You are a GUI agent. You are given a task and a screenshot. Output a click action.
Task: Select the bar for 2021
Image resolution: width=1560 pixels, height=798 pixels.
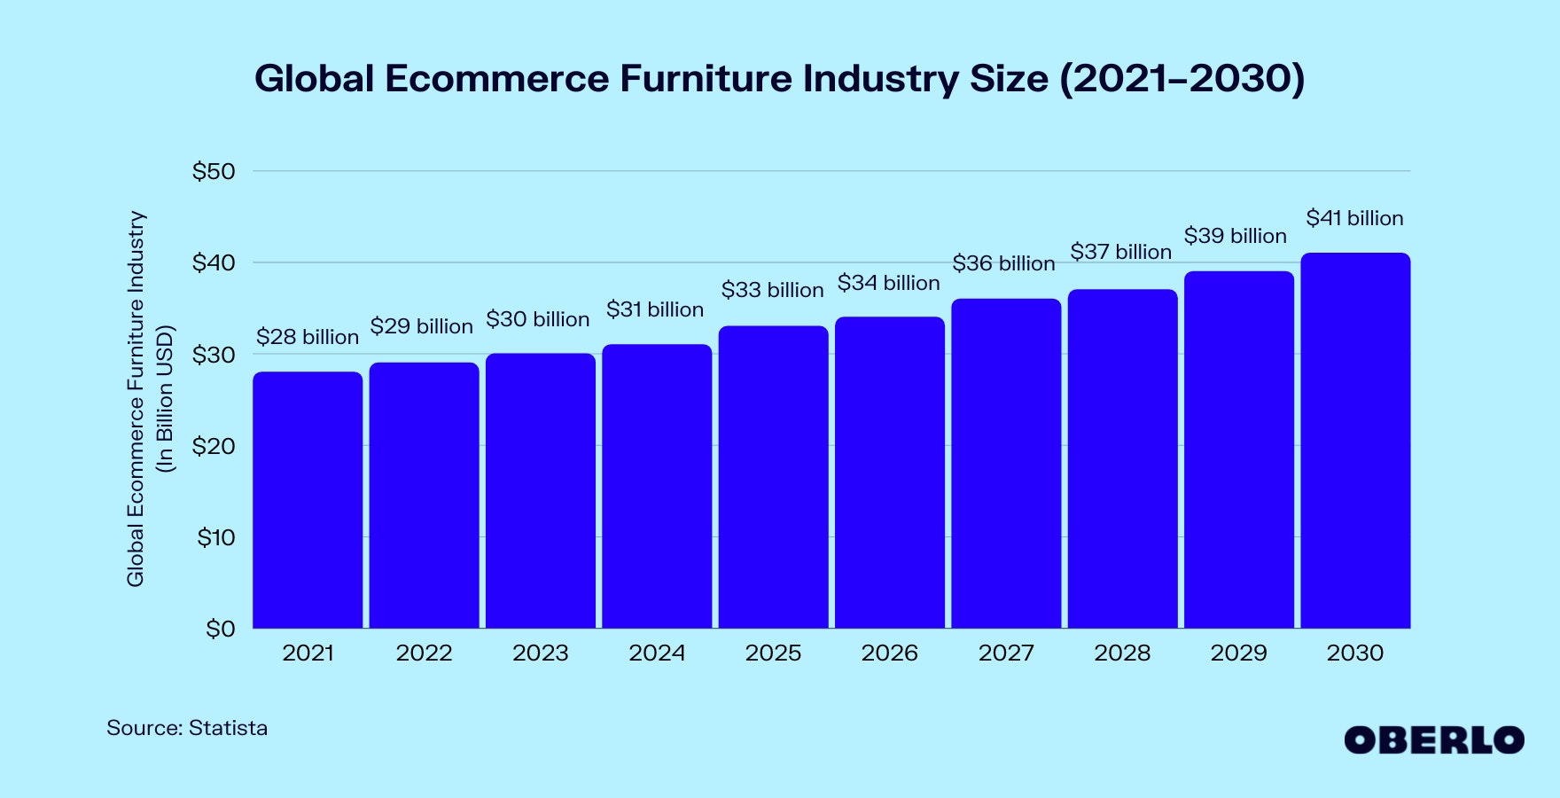(308, 500)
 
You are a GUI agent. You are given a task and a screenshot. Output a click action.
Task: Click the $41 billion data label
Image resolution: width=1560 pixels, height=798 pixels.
(1354, 218)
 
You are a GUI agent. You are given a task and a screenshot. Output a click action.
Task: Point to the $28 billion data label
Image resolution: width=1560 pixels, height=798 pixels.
(308, 337)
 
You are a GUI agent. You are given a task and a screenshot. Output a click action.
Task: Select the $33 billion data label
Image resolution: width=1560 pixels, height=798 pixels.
(772, 290)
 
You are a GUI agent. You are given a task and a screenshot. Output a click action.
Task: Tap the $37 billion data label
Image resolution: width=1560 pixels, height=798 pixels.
(1121, 252)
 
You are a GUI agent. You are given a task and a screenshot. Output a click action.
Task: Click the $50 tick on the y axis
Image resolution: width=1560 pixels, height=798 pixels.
(214, 171)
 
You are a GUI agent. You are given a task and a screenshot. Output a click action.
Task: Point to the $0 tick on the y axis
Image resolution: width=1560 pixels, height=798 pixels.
(221, 629)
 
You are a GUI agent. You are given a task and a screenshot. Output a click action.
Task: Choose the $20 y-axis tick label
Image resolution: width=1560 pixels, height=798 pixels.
(214, 446)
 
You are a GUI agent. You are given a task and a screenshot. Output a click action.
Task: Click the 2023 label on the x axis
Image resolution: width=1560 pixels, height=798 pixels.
(541, 653)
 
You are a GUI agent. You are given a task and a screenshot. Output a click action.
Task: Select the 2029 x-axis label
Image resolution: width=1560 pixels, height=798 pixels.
(1238, 653)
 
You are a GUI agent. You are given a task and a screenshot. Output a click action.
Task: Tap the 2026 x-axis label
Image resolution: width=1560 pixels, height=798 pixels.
(889, 653)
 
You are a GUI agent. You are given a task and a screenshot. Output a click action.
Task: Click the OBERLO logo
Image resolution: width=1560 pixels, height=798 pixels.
(1434, 740)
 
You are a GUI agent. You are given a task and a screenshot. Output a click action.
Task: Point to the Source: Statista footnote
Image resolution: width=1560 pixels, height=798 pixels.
(187, 728)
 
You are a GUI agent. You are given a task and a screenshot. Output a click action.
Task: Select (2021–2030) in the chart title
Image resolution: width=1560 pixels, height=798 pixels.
(1182, 78)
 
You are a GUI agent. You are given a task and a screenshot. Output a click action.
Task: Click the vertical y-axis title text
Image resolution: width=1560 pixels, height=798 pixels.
(136, 399)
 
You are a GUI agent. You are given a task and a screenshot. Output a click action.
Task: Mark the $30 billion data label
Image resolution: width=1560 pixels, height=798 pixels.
(538, 319)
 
